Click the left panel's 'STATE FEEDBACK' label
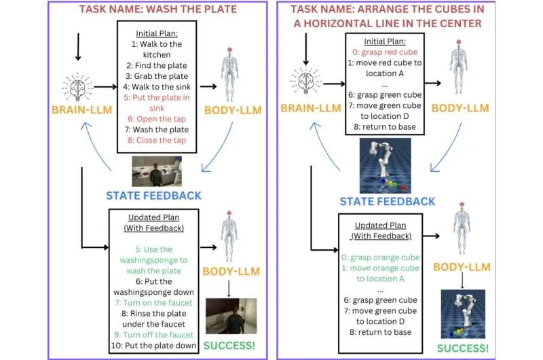pos(153,195)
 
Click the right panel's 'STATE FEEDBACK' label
pos(387,200)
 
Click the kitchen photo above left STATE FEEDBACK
pos(157,170)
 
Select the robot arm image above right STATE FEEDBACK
pos(386,165)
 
